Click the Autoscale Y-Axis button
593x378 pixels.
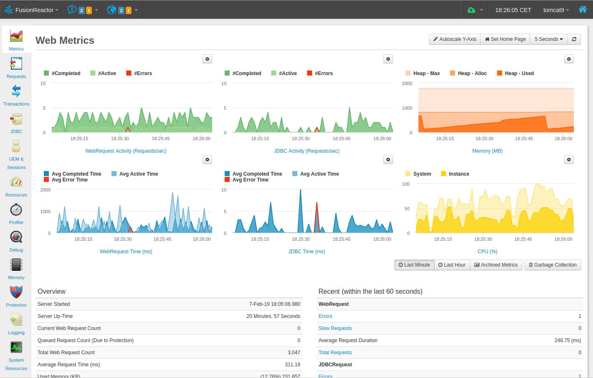point(455,39)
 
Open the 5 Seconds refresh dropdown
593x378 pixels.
point(549,39)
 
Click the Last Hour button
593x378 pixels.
point(452,265)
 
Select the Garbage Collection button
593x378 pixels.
point(552,265)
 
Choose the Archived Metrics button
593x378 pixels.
point(496,265)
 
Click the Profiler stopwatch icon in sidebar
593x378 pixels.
point(16,210)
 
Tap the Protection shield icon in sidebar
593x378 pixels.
point(16,292)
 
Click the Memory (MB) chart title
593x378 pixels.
point(487,151)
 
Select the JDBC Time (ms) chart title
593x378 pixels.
point(307,252)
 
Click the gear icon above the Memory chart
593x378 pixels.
point(569,59)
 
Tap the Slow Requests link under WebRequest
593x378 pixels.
point(335,328)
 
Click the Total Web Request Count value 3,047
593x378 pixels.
point(294,353)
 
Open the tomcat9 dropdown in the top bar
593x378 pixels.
point(556,10)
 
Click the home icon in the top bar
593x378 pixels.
point(583,10)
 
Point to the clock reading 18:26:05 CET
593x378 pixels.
point(513,10)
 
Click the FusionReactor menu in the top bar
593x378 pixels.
point(32,10)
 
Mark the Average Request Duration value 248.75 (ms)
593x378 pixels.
point(568,340)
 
